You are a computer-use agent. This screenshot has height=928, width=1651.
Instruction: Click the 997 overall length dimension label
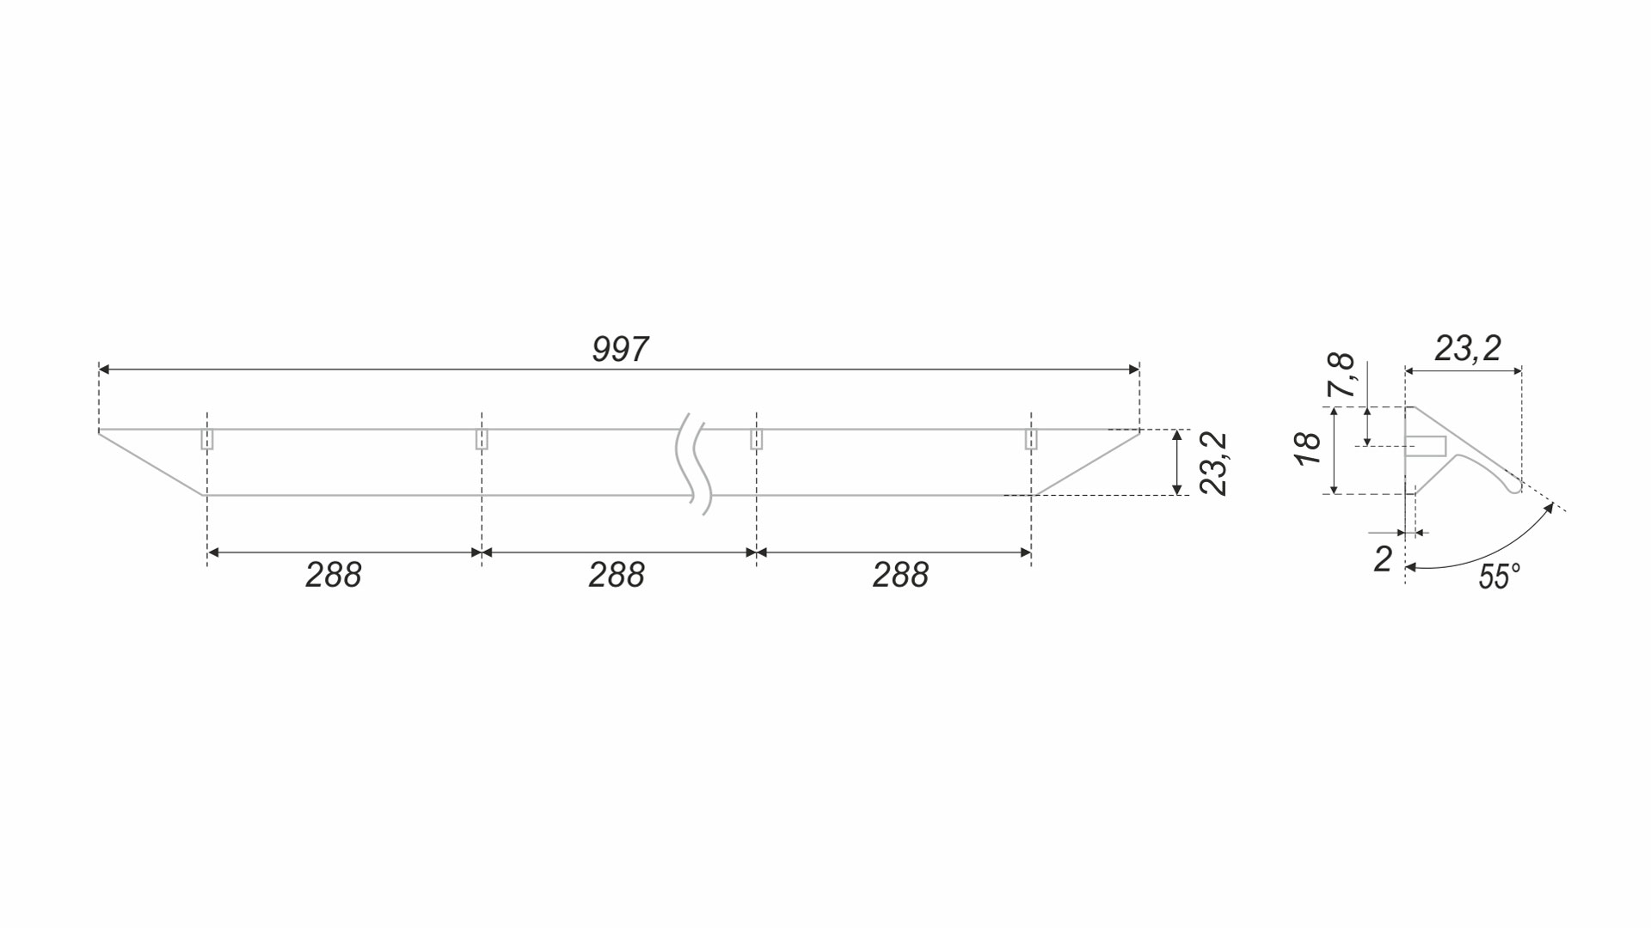[x=620, y=350]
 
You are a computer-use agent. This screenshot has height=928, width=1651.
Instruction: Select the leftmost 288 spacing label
[x=334, y=576]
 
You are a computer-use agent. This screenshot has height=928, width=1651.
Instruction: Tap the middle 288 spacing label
[x=617, y=576]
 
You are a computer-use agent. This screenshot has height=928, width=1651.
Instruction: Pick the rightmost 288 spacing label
[x=900, y=576]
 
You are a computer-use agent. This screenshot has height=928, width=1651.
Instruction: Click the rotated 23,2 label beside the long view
[x=1213, y=464]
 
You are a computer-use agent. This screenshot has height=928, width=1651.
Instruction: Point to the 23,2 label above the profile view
[x=1468, y=349]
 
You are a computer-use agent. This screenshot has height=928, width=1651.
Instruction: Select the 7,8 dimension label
[x=1341, y=375]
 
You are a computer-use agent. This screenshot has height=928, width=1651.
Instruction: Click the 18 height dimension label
[x=1307, y=449]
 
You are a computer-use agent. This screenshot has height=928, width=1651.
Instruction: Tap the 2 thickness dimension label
[x=1383, y=559]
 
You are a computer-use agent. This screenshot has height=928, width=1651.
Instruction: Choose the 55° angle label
[x=1500, y=577]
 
